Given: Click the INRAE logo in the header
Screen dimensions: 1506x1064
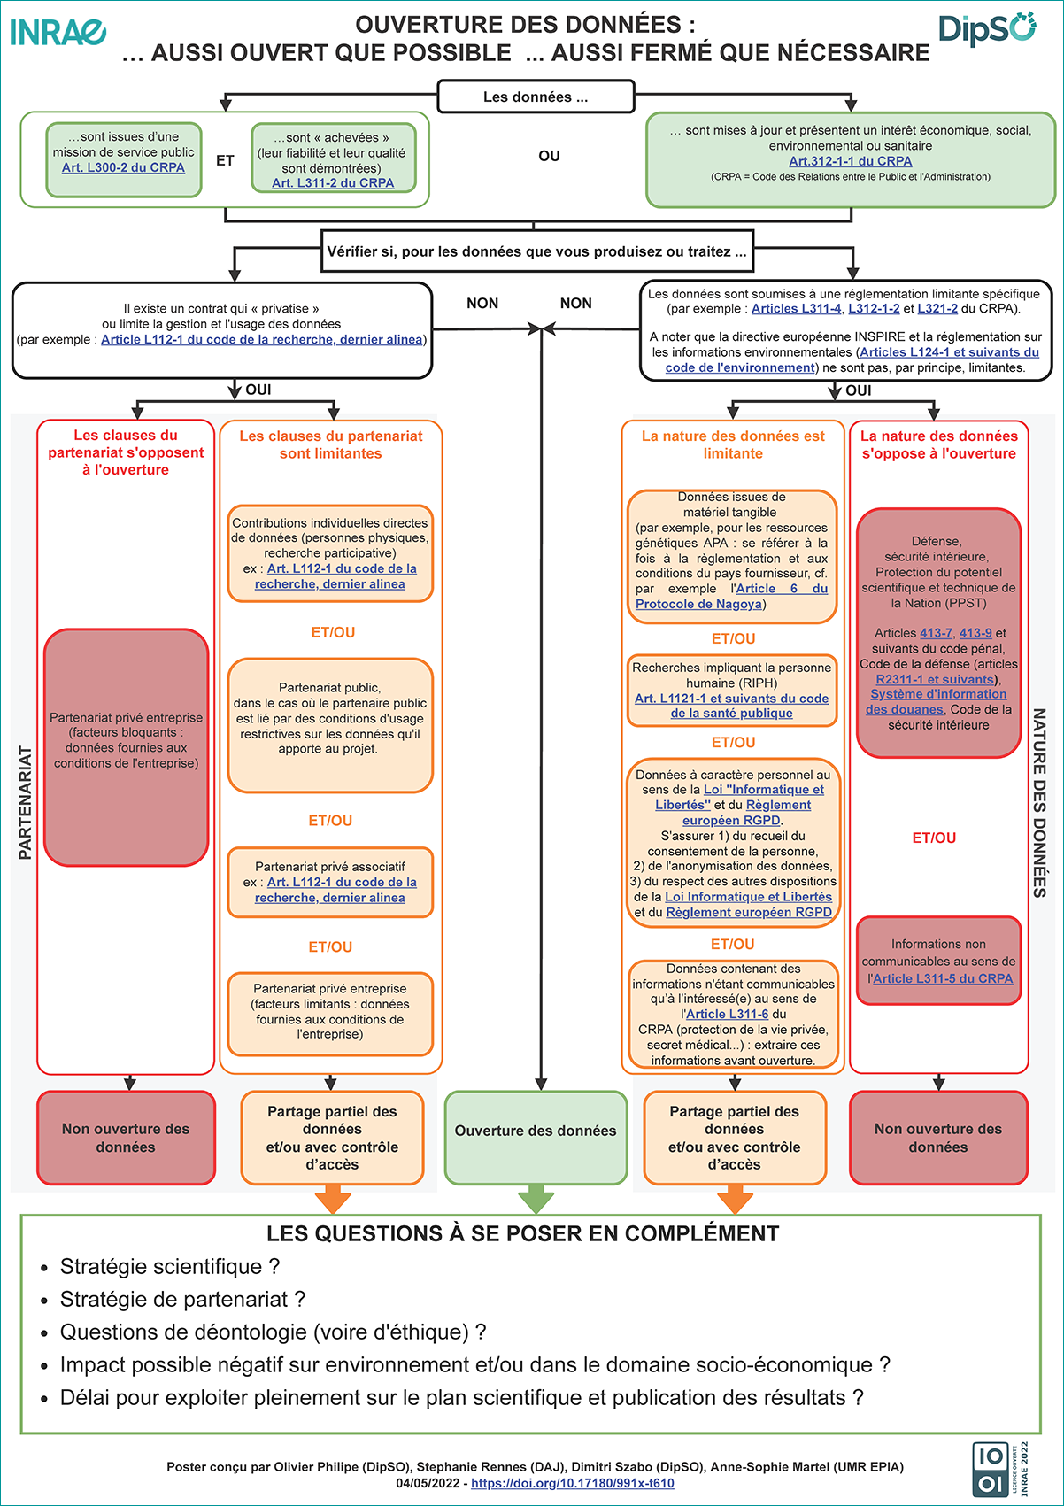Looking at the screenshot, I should (58, 32).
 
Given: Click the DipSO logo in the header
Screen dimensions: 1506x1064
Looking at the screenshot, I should (986, 28).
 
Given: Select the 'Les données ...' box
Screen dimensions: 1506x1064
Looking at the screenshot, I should (536, 97).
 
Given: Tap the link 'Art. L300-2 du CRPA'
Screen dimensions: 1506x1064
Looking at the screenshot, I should (123, 167).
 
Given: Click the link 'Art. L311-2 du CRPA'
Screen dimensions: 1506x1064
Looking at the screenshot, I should (333, 183).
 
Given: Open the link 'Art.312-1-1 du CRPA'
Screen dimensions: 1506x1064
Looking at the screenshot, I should (850, 161).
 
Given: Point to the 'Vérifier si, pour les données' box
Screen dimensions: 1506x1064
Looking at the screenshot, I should (536, 251).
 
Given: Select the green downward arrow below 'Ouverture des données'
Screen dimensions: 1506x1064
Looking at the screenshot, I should (536, 1200).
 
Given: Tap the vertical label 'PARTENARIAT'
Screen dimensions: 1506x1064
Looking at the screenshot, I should (25, 802).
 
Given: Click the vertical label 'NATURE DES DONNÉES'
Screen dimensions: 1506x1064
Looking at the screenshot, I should (1039, 802).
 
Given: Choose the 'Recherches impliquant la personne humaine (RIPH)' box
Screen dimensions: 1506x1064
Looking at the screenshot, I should (732, 691).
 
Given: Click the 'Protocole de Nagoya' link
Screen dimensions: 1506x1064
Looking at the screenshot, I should (698, 604).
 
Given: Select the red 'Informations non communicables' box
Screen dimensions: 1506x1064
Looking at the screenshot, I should (938, 961).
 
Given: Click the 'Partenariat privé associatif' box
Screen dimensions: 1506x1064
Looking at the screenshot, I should (330, 882).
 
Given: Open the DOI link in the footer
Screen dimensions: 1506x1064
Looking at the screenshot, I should (572, 1483).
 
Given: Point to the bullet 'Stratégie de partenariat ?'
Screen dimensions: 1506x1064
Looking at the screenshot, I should (182, 1299).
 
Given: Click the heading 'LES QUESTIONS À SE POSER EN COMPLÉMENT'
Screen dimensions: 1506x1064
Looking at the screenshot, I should (522, 1233).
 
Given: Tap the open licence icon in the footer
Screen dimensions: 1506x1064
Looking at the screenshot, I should (990, 1470).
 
